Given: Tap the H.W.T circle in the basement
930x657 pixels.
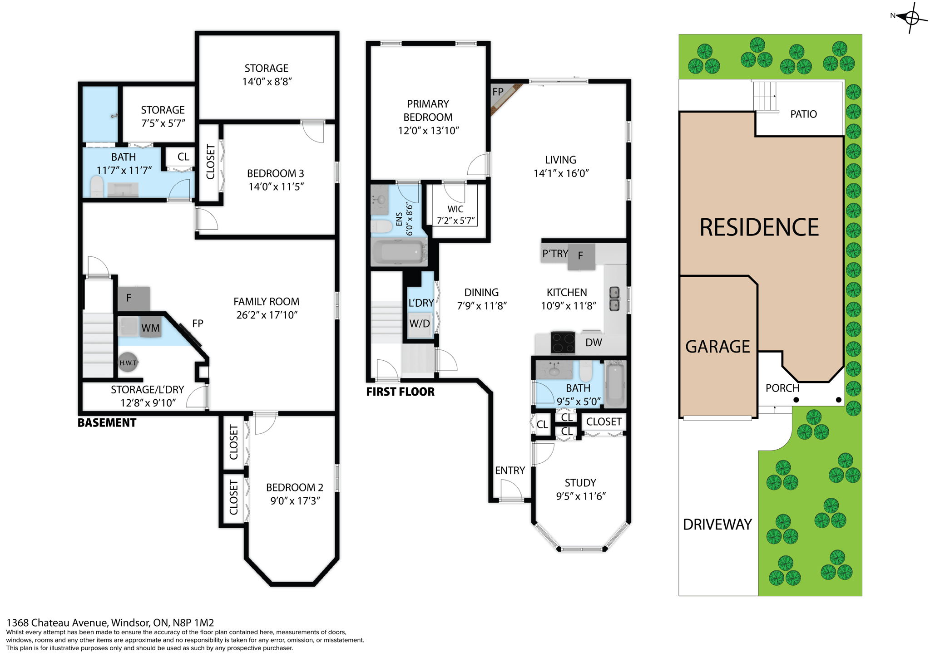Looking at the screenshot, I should [x=128, y=363].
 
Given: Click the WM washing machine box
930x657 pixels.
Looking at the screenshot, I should [x=150, y=328].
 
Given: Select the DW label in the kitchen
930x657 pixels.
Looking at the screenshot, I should [x=594, y=343].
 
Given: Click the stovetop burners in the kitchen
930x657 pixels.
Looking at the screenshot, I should [x=563, y=343].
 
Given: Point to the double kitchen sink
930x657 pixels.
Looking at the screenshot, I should [x=614, y=299].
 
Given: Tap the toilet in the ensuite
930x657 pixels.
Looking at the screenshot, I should [x=381, y=226].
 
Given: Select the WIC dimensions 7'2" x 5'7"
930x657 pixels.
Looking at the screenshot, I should [x=455, y=221].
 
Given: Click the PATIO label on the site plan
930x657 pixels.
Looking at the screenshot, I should [x=803, y=114].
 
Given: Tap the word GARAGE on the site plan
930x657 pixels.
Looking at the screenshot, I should [x=717, y=347].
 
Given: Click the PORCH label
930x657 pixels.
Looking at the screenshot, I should [x=782, y=388].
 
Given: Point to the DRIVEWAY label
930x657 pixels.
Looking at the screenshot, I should [x=717, y=525].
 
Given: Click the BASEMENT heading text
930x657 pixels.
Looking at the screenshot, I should [x=107, y=423].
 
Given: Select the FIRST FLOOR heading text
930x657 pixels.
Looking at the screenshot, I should [x=400, y=392].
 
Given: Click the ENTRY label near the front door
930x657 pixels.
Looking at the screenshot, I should [x=510, y=471].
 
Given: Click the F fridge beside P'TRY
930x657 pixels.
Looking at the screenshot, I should [x=581, y=256].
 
